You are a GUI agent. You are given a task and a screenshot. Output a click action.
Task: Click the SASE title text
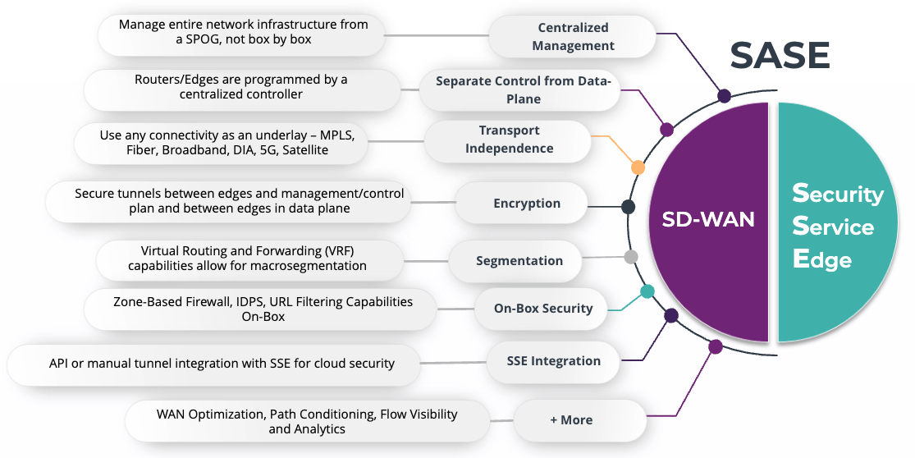780,56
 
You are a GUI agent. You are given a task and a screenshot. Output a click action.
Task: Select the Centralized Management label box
573,37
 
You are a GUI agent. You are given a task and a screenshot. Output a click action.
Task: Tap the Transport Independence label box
509,140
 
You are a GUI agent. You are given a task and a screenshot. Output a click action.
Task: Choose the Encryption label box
526,204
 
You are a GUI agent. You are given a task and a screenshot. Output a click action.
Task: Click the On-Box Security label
542,309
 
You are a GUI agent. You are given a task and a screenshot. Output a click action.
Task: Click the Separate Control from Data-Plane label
523,89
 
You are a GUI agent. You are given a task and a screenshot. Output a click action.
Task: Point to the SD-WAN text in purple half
707,220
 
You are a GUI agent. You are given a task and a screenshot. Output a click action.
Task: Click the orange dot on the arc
638,167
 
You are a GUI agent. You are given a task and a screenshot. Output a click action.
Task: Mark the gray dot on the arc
631,257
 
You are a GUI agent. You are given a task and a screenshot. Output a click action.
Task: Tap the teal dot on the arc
647,291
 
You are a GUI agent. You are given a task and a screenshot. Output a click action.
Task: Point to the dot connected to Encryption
628,207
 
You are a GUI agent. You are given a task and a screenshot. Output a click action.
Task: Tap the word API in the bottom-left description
58,363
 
